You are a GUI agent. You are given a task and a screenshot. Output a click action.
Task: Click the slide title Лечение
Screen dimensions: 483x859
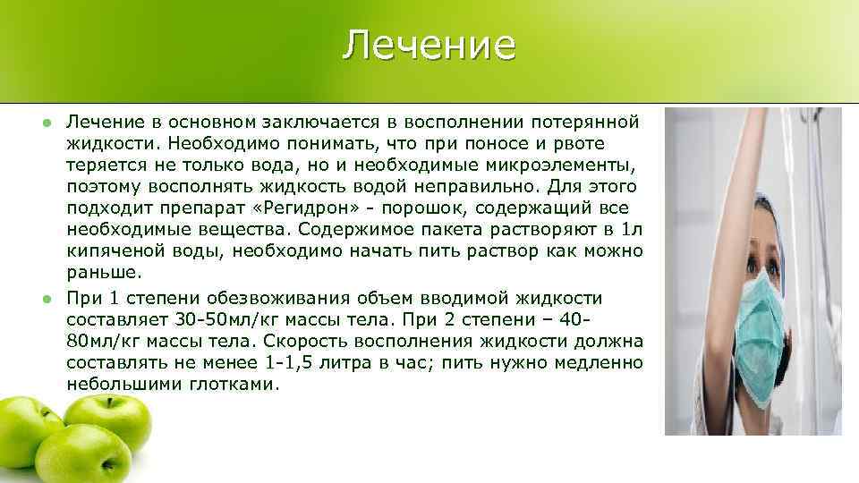pos(429,45)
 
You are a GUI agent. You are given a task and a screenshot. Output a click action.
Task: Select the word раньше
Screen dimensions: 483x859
pos(102,272)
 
